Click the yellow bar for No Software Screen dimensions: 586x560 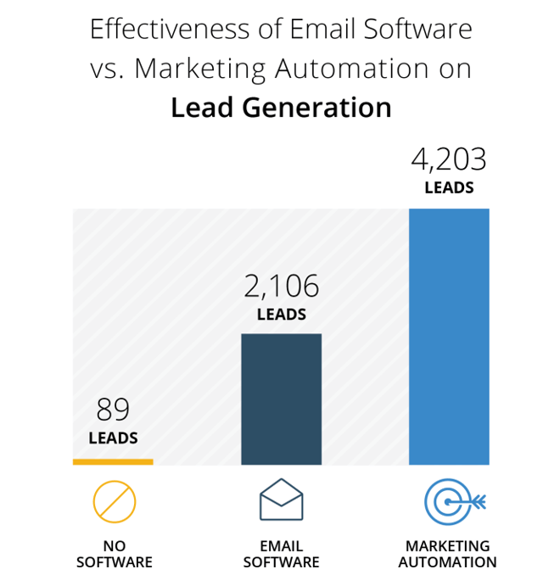[x=113, y=461]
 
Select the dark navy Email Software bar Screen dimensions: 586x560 [x=281, y=399]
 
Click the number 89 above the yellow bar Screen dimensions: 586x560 [x=113, y=410]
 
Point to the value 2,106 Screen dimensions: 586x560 [x=281, y=287]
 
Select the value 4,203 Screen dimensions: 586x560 [x=449, y=160]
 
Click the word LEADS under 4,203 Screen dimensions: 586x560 [x=449, y=188]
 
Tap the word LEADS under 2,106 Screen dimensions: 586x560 [x=281, y=315]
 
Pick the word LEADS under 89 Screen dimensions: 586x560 [x=113, y=438]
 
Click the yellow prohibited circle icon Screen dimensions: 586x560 [x=114, y=501]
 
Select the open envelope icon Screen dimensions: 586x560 [x=281, y=499]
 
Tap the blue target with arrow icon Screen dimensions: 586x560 [x=452, y=501]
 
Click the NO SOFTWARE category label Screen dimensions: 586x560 [x=114, y=554]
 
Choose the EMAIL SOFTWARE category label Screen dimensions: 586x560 [x=281, y=554]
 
